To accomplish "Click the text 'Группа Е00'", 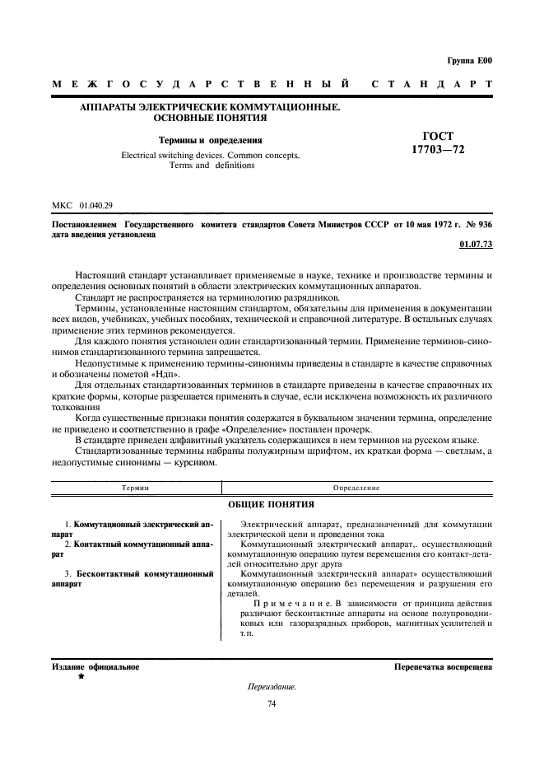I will click(470, 60).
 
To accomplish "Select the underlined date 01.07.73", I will click(475, 245).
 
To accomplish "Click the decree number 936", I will click(484, 223).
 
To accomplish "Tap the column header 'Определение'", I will click(356, 488).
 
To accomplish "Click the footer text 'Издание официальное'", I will click(95, 666).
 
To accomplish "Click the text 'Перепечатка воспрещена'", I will click(443, 666).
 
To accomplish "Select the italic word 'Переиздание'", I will click(271, 686).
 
